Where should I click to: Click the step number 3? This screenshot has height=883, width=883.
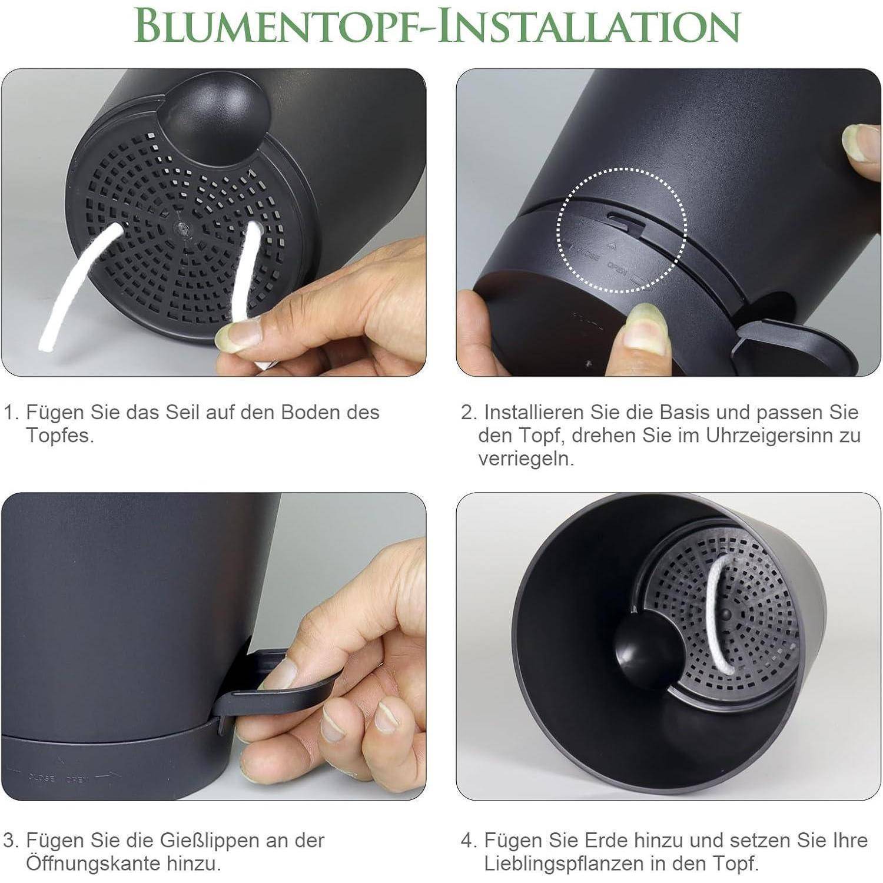[x=10, y=841]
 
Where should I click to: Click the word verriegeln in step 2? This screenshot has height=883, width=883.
[x=526, y=459]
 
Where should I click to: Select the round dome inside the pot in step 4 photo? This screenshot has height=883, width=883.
[x=642, y=652]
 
